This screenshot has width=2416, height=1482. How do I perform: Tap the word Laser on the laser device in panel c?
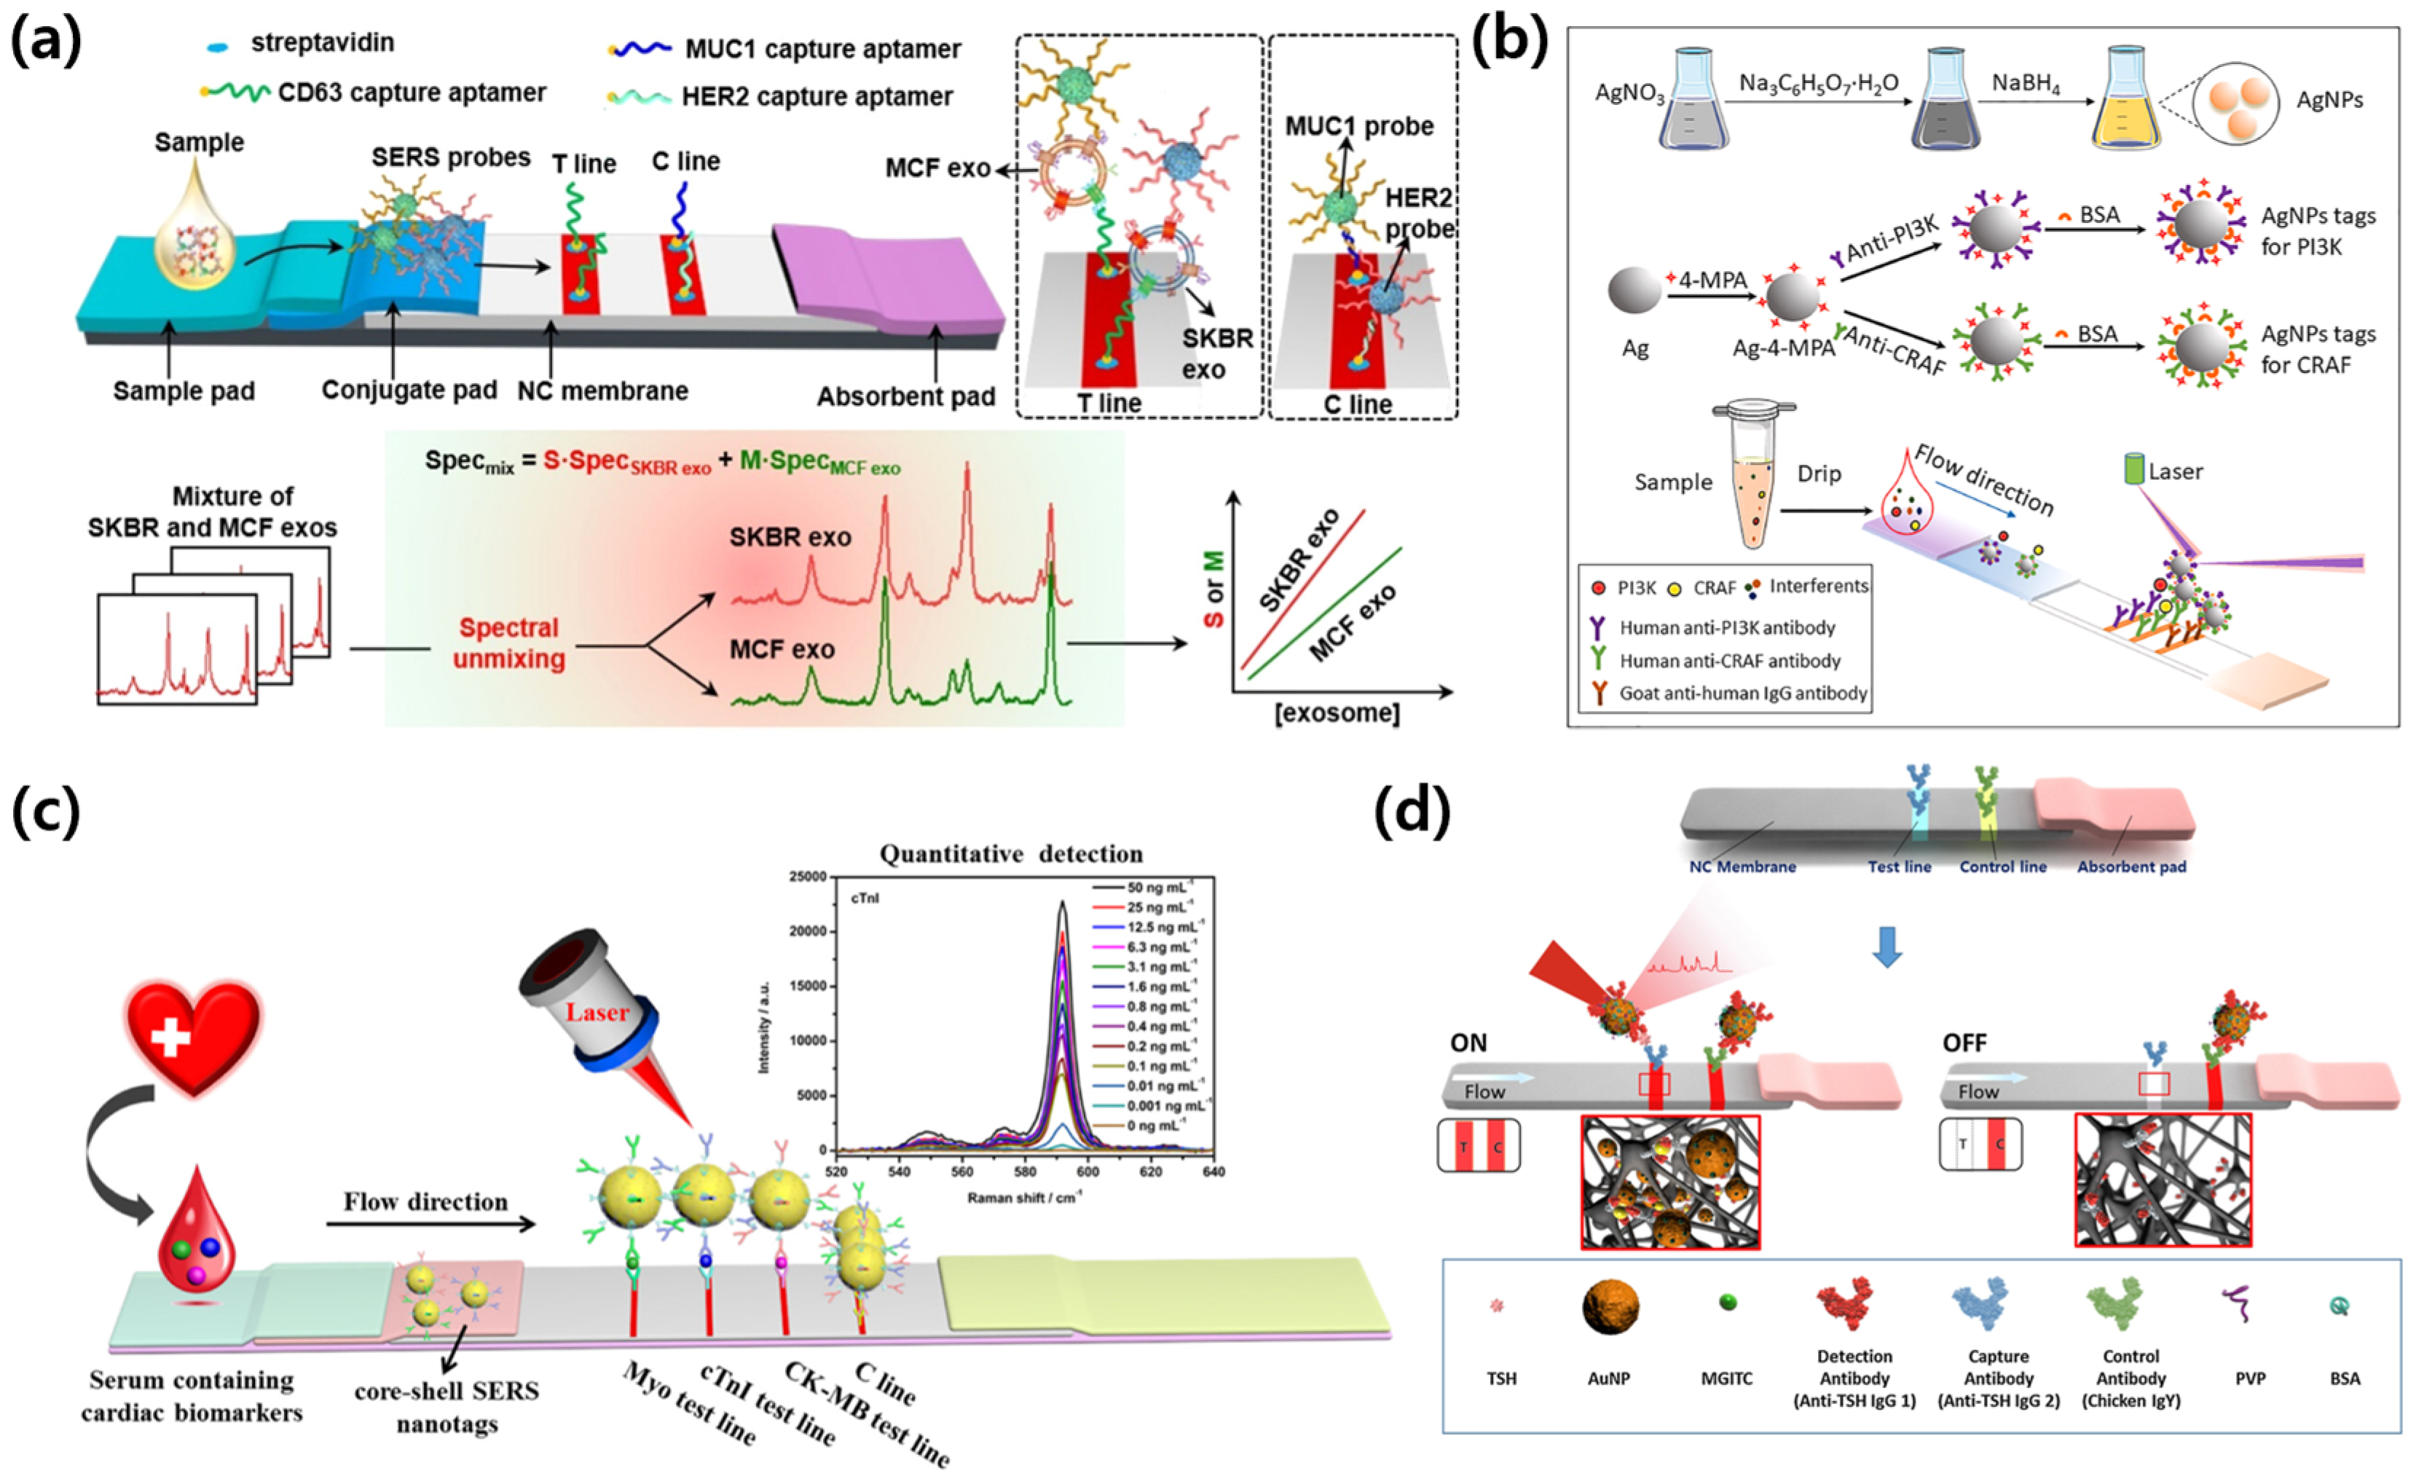(x=597, y=1011)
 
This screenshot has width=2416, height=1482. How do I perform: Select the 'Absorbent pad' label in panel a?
(x=905, y=397)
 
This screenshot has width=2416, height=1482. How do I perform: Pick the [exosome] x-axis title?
(x=1337, y=713)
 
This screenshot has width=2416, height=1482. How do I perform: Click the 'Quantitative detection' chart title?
(x=1011, y=854)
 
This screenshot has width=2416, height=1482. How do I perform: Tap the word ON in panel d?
(x=1468, y=1043)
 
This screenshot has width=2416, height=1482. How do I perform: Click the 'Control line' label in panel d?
(x=2002, y=867)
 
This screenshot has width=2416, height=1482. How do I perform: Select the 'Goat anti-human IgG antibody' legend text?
(x=1742, y=694)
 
